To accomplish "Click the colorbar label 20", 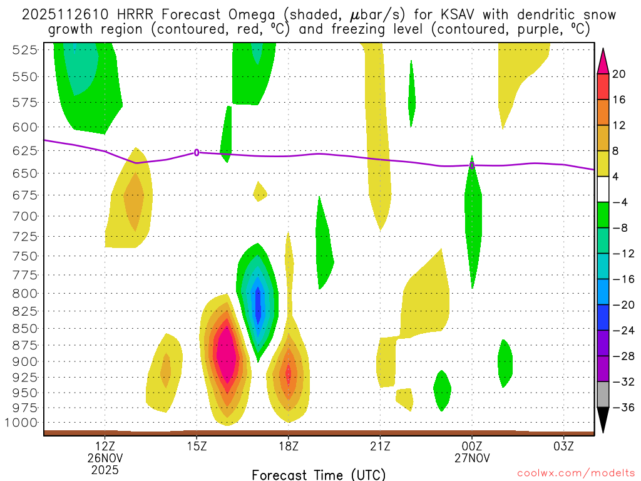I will click(619, 74).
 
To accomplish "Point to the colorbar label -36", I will click(620, 408).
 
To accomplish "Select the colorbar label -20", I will click(620, 305).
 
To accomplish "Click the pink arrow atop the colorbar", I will click(603, 61).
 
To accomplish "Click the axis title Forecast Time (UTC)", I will click(319, 474).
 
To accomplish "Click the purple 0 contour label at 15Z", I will click(197, 152).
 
